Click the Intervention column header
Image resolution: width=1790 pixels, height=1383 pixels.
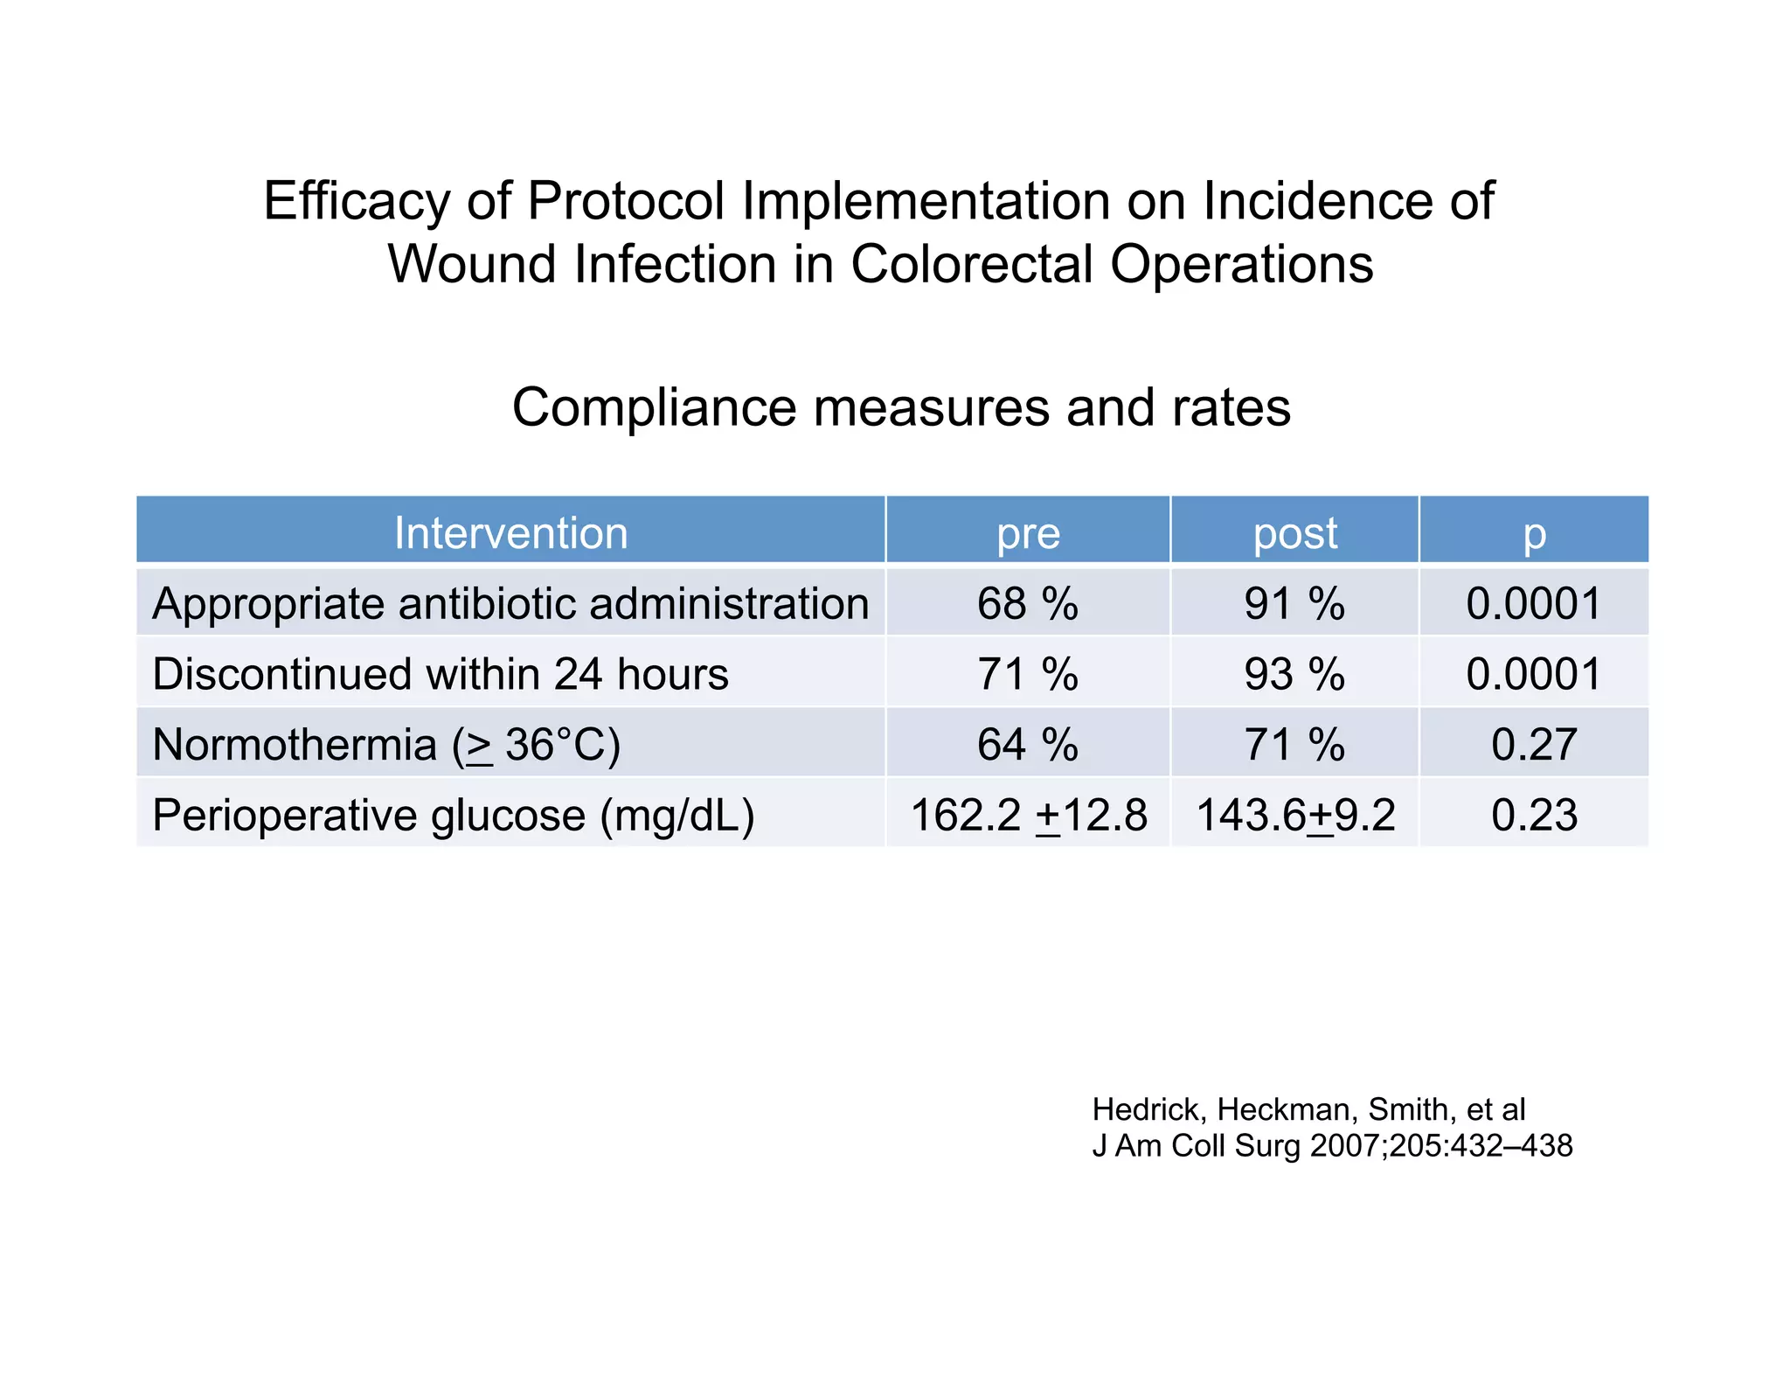coord(510,532)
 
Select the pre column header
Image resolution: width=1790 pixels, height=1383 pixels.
coord(1028,532)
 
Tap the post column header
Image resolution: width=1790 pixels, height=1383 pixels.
coord(1294,532)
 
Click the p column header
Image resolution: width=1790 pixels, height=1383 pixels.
coord(1534,532)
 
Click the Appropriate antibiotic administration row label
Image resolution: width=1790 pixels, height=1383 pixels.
coord(510,603)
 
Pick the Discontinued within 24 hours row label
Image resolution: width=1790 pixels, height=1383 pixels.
coord(440,674)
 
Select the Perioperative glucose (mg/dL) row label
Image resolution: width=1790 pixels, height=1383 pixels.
coord(453,815)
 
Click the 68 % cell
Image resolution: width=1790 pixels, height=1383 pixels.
coord(1028,603)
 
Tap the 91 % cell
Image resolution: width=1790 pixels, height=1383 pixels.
coord(1294,603)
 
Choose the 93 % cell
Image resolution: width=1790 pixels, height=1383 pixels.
coord(1294,674)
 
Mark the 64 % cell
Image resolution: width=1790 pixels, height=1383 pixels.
coord(1028,745)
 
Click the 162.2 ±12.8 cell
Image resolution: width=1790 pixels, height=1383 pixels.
coord(1028,815)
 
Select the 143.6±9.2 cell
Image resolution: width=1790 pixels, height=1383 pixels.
coord(1294,815)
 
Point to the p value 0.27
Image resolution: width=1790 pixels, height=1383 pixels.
coord(1534,745)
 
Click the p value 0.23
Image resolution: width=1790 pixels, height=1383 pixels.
coord(1534,815)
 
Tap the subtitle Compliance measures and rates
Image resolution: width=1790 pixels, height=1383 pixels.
coord(901,407)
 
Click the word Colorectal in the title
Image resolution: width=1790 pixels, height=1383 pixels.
coord(971,264)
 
